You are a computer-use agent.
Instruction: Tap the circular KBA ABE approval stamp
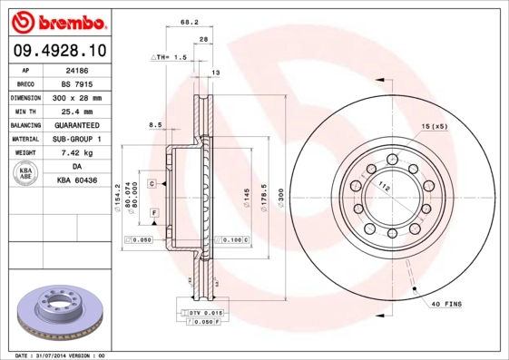(26, 174)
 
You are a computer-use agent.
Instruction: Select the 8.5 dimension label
(154, 124)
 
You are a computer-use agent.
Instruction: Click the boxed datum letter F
(154, 211)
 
